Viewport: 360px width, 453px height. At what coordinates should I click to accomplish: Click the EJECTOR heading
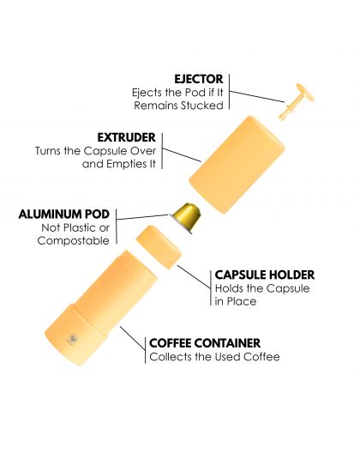click(x=199, y=79)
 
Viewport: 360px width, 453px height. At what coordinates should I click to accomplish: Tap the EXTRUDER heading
click(x=127, y=137)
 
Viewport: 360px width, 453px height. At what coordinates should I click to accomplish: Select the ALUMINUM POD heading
click(x=64, y=214)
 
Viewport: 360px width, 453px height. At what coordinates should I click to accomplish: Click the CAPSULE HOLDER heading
click(x=265, y=275)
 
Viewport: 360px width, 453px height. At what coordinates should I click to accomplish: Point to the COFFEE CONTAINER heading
click(x=205, y=343)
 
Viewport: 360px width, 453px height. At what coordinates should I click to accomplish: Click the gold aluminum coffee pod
click(x=186, y=218)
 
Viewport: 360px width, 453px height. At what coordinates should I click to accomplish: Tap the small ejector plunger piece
click(x=297, y=101)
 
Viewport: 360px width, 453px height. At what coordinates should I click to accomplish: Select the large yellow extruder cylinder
click(x=237, y=165)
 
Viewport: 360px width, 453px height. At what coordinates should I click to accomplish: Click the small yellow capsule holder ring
click(x=159, y=247)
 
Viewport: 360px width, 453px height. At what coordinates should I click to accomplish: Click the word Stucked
click(x=202, y=106)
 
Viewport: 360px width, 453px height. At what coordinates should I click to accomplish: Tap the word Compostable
click(x=74, y=240)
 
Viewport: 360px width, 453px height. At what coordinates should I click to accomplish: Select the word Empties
click(x=128, y=165)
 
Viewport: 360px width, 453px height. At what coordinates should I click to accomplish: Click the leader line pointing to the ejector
click(x=257, y=96)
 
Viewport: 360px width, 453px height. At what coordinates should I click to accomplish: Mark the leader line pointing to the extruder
click(x=182, y=154)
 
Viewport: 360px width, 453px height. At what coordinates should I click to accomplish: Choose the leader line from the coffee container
click(x=133, y=338)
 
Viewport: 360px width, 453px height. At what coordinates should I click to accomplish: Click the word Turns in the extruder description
click(x=49, y=151)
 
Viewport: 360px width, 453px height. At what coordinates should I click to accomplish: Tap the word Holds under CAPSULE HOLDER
click(x=229, y=288)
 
